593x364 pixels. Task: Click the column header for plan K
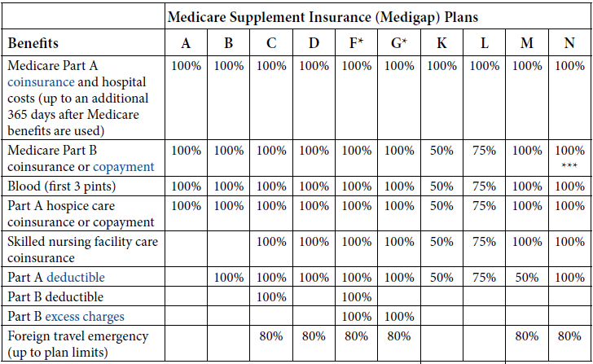441,43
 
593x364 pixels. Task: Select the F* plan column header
356,43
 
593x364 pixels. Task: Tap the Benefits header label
33,43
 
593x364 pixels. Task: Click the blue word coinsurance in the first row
41,82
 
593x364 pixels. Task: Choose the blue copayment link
123,167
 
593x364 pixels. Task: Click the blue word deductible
75,277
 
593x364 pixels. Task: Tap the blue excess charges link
85,317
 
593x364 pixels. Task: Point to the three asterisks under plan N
569,165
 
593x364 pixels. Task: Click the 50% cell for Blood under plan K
441,186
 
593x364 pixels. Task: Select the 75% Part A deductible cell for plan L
484,278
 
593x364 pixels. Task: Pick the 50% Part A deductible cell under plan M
527,278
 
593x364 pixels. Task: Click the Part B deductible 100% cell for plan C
271,297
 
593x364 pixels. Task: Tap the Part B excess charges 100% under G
399,317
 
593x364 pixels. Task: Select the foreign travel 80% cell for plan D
314,336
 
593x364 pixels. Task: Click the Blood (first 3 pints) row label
62,186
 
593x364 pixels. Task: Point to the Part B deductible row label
55,296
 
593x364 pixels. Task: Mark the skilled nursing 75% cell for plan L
484,242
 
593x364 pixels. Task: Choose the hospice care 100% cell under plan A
186,206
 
